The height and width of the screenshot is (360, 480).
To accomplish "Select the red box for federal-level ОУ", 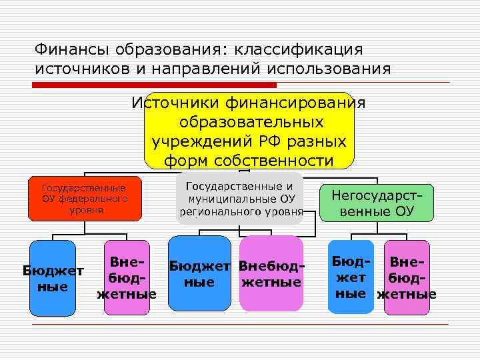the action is pos(85,199).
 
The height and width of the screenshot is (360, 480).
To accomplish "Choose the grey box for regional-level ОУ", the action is pos(241,198).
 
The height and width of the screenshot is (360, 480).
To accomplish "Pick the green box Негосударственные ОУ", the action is pos(377,203).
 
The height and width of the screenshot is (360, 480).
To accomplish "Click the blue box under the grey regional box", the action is pos(199,273).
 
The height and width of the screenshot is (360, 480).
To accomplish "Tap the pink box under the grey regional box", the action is pos(271,273).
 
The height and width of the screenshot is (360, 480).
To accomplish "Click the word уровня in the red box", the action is pos(87,209).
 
